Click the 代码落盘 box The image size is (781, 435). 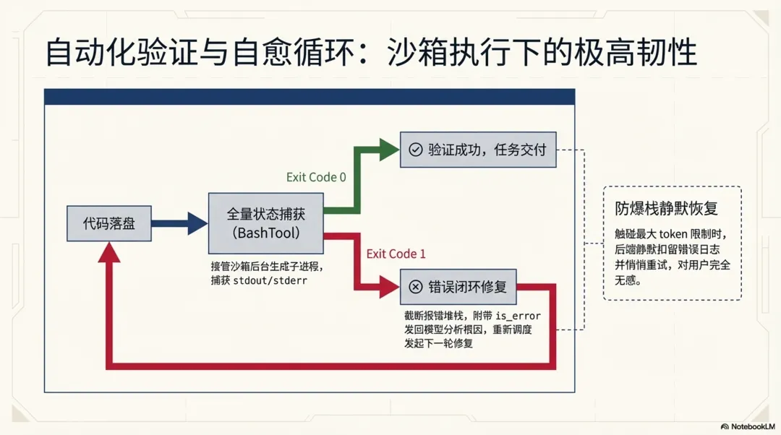109,223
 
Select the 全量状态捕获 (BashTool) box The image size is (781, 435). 265,223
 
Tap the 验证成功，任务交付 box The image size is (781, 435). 478,150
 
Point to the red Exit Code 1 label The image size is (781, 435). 396,254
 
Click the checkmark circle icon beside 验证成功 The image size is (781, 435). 415,150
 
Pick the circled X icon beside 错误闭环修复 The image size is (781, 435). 415,287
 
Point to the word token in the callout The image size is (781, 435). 677,234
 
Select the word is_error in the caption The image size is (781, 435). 518,316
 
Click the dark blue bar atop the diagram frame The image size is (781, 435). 310,97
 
